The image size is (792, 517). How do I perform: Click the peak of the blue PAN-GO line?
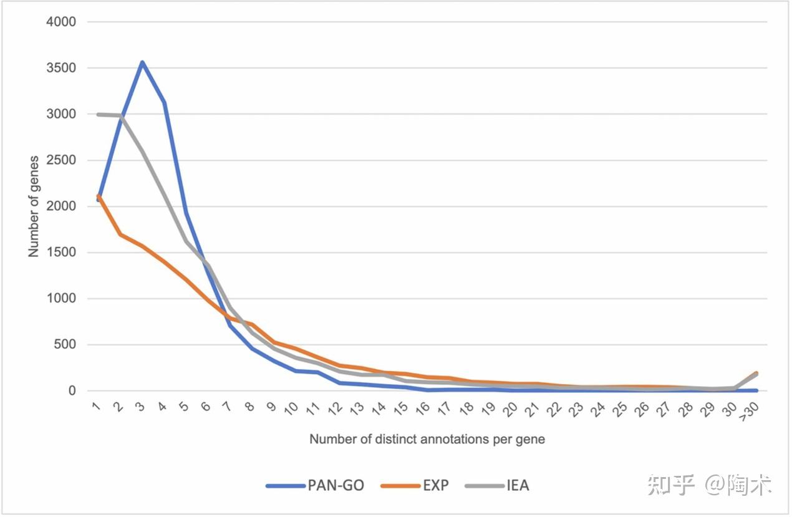point(142,62)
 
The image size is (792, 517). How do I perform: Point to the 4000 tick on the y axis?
point(61,22)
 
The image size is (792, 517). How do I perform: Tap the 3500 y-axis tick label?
point(61,68)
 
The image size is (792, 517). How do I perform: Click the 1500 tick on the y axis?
point(61,253)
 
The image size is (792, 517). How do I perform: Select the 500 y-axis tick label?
point(64,345)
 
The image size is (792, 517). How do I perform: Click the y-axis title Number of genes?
point(34,206)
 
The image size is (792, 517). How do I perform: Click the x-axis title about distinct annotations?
point(427,440)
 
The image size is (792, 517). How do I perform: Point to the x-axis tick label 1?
point(96,407)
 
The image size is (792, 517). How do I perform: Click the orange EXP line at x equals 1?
point(99,197)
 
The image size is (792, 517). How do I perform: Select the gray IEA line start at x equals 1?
point(99,114)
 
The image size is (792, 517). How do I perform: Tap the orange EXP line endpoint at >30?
point(756,373)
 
